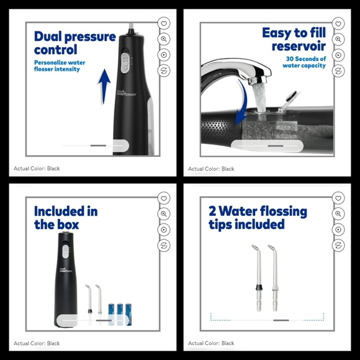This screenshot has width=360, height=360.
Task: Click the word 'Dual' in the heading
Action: coord(50,36)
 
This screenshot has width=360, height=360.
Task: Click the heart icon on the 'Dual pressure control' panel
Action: coord(164,22)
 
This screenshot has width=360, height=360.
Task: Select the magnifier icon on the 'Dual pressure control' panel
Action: coord(164,38)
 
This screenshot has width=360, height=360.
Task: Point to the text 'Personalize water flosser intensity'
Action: coord(60,66)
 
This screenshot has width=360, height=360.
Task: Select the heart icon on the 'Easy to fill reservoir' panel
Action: coord(338,22)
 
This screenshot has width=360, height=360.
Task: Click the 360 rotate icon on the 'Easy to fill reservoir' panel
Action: coord(338,71)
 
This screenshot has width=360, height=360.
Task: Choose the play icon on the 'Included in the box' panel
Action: coord(164,230)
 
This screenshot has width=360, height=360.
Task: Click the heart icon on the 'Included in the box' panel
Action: coord(164,198)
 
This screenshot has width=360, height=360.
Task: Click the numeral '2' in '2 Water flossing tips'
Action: coord(212,212)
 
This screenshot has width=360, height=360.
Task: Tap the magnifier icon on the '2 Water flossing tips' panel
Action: coord(338,214)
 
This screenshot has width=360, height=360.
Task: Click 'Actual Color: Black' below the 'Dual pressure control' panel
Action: coord(37,168)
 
